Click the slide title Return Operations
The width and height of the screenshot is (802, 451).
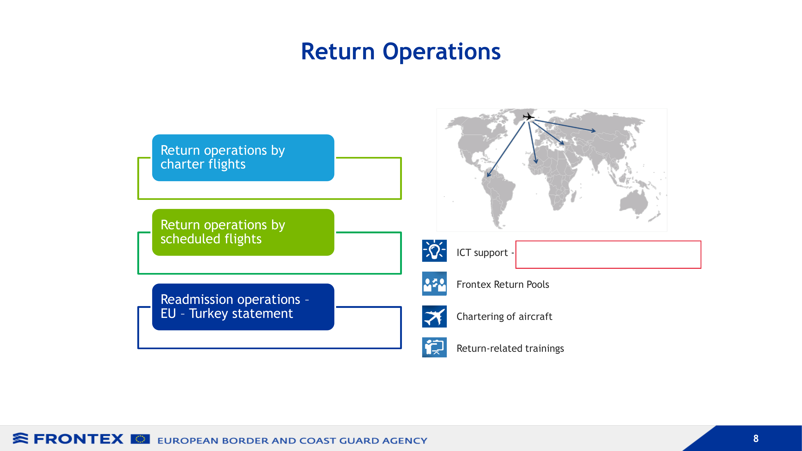401,52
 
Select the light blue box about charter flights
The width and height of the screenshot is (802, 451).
243,158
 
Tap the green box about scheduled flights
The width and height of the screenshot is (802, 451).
243,232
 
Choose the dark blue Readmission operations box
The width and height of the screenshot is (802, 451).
243,307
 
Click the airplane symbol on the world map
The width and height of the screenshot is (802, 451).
528,117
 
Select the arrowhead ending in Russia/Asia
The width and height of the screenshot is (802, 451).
593,131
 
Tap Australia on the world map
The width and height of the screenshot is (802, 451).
634,202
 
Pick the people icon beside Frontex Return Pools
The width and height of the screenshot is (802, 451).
434,284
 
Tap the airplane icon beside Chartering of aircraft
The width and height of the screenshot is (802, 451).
434,317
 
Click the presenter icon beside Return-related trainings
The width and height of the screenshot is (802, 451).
434,347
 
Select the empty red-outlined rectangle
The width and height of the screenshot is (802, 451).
608,255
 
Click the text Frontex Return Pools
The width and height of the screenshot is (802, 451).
503,284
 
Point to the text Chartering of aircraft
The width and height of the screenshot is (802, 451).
504,317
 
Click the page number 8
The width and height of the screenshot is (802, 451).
756,439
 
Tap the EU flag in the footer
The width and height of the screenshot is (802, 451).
140,439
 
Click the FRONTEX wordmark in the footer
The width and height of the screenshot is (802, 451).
78,439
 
